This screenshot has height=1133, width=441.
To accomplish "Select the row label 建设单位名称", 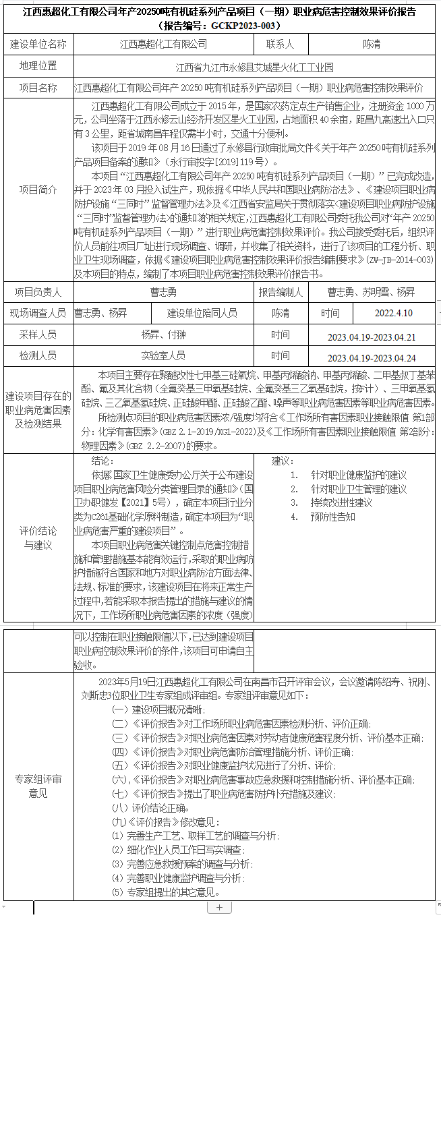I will pos(38,45).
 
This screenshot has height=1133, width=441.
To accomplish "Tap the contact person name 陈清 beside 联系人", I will pos(372,45).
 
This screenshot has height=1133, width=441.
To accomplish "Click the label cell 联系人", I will pos(280,45).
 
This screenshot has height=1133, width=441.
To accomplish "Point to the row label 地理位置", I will pos(38,66).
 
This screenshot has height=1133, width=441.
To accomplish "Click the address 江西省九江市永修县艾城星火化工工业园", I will pos(254,67).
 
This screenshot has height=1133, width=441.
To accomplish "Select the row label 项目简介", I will pos(38,190).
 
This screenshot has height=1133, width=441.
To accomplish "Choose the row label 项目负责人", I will pos(38,292).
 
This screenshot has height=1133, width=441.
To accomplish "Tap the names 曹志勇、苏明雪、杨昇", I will pos(372,292).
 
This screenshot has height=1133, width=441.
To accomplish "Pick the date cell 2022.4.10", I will pos(394,314).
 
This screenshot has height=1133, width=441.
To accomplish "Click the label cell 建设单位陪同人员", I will pos(202,313).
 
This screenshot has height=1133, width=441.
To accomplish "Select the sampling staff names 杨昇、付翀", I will pos(164,335).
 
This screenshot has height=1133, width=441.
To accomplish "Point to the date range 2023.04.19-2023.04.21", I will pos(372,337).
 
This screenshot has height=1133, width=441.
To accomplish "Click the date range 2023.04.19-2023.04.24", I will pos(372,358).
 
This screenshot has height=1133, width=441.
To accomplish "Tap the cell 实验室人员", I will pos(164,355).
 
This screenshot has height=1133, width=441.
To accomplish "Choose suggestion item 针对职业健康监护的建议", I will pos(358,475).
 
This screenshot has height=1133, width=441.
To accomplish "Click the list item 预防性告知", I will pos(332,517).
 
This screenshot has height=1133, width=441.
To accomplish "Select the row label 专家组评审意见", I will pos(38,786).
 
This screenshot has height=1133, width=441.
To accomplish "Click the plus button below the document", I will pos(219,908).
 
